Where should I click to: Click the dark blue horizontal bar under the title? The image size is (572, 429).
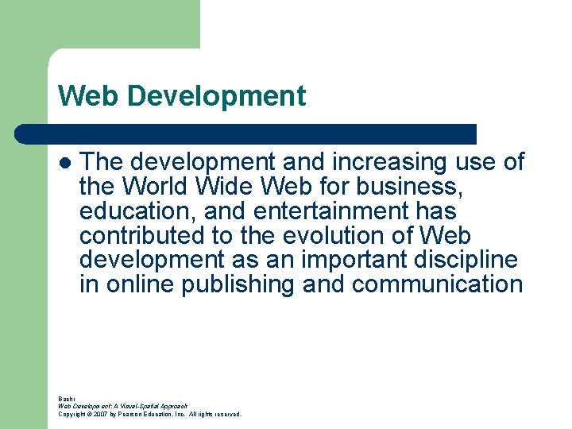point(246,134)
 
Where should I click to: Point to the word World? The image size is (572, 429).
point(156,187)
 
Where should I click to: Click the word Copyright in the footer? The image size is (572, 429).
point(71,414)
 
